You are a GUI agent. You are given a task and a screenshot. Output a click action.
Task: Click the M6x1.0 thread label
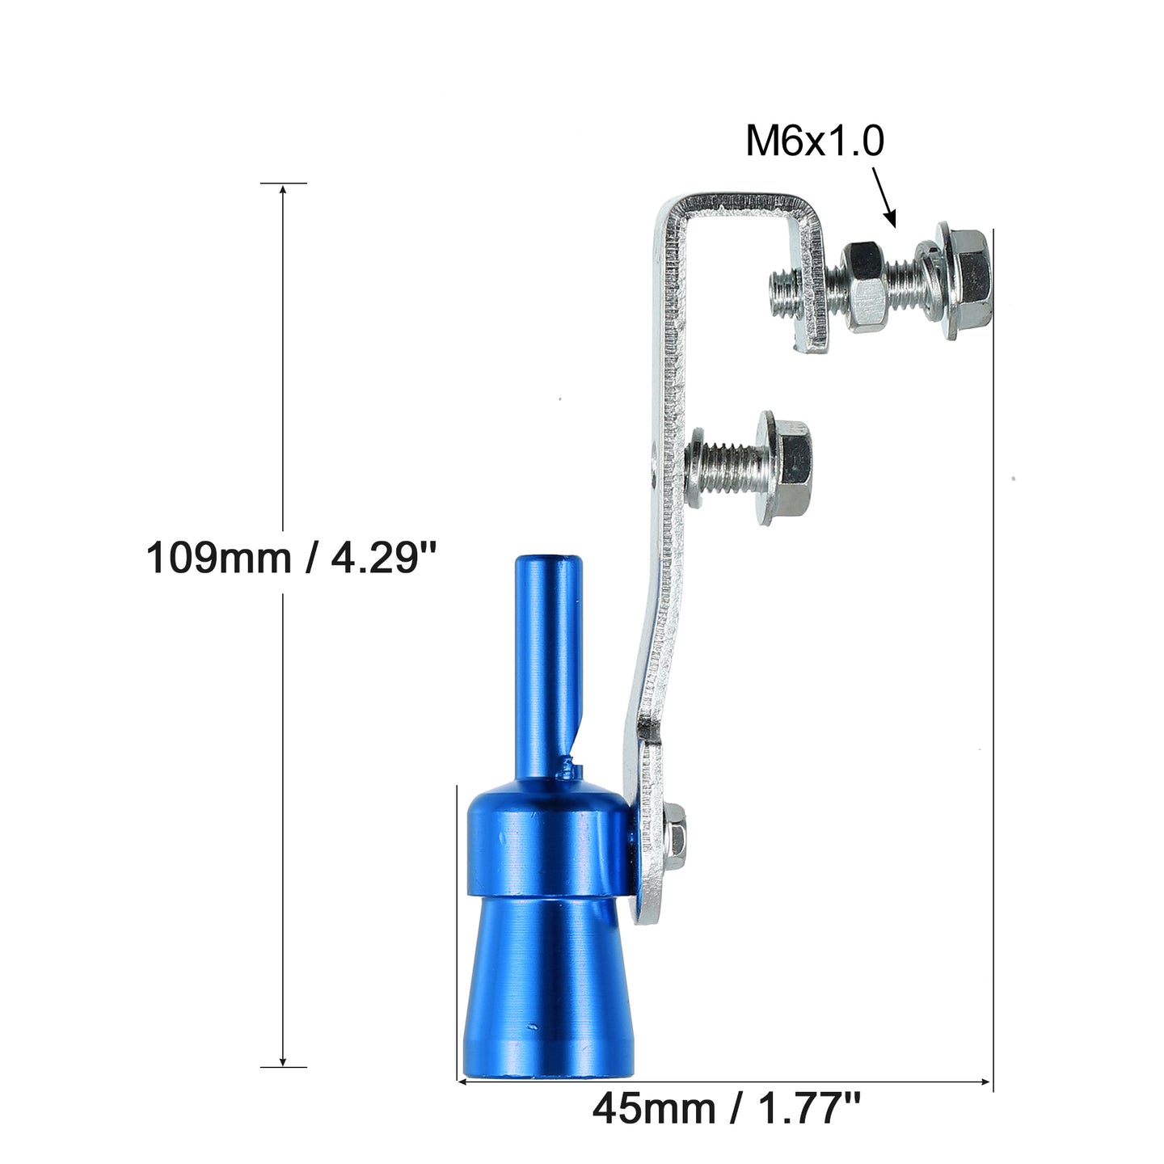click(x=814, y=141)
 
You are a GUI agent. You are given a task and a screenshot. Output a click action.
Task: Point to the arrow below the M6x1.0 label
click(x=884, y=197)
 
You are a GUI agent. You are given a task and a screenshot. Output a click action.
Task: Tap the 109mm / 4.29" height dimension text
click(x=291, y=557)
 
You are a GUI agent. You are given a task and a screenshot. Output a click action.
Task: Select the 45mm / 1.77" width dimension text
click(x=726, y=1108)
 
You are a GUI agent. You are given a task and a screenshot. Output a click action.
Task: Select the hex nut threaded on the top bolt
click(x=864, y=286)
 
